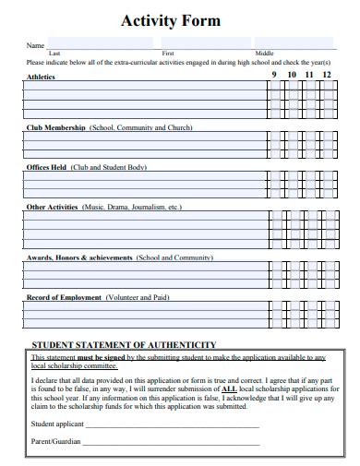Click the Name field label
click(x=34, y=45)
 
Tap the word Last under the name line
click(x=54, y=54)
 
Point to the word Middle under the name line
click(x=264, y=54)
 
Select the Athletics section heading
click(x=41, y=77)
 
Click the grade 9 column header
click(x=273, y=74)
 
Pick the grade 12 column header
click(x=326, y=74)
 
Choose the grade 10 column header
click(x=292, y=74)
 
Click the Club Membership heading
click(x=56, y=127)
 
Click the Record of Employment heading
click(x=65, y=298)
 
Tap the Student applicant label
click(x=57, y=424)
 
